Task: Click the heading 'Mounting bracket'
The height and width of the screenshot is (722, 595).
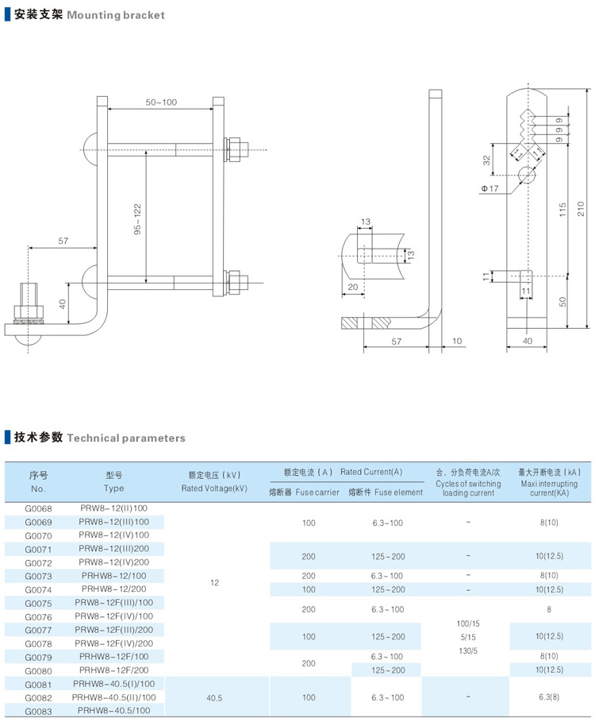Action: click(116, 15)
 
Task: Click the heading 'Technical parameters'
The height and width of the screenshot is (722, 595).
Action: click(126, 438)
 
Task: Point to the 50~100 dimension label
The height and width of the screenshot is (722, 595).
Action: click(161, 102)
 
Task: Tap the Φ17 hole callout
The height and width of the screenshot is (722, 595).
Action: click(489, 188)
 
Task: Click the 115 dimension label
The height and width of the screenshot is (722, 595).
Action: click(562, 209)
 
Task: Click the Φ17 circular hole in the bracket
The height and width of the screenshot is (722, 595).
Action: click(525, 174)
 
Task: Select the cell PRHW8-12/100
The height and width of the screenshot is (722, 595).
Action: click(113, 576)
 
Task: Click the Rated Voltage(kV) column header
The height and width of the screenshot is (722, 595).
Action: click(214, 481)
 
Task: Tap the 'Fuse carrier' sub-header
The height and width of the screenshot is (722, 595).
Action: click(305, 492)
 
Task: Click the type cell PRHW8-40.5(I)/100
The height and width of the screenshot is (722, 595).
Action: click(113, 684)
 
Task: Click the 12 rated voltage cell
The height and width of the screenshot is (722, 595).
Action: click(214, 583)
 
